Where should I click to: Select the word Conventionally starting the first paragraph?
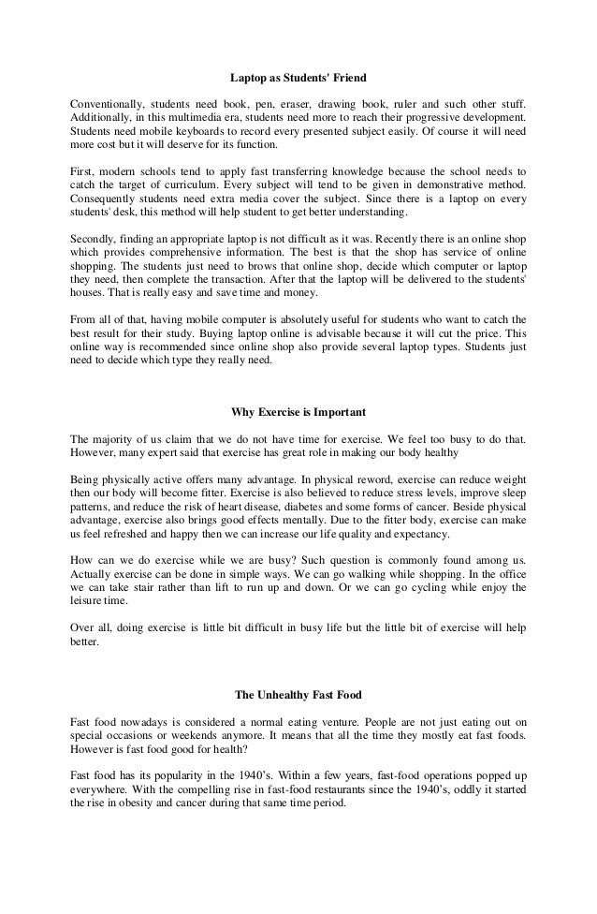tap(108, 102)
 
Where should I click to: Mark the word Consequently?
tap(108, 203)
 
